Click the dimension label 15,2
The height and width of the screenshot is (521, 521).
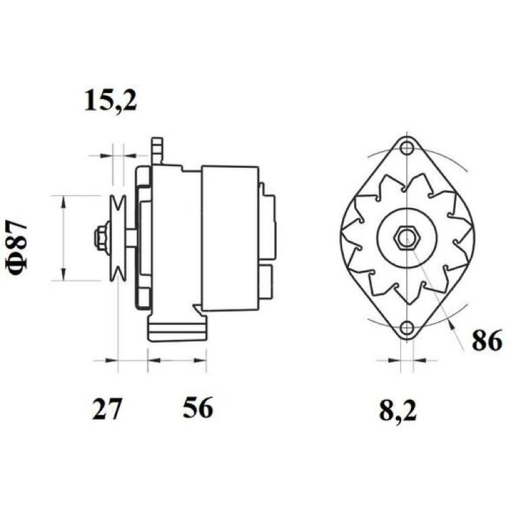click(111, 100)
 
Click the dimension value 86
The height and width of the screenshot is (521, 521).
click(486, 341)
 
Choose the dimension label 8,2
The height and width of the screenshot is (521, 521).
click(398, 412)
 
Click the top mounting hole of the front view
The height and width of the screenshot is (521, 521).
click(406, 148)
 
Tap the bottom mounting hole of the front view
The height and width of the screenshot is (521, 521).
click(406, 328)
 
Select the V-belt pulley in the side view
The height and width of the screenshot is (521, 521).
click(119, 238)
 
